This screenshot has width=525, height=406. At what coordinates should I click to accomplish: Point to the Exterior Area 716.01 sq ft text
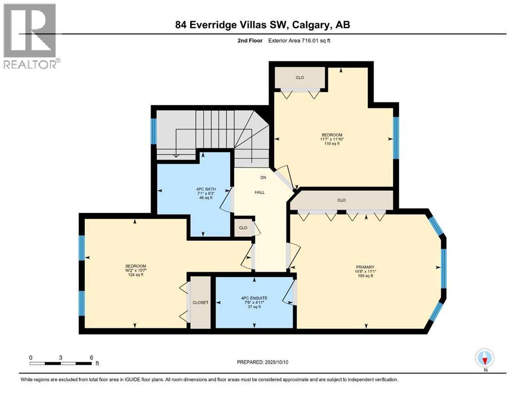pyautogui.click(x=299, y=41)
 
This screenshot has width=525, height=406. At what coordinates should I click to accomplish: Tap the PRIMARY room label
pyautogui.click(x=365, y=267)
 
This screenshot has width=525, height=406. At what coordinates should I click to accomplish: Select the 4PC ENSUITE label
pyautogui.click(x=254, y=298)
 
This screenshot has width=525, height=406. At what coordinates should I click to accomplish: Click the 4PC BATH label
pyautogui.click(x=206, y=189)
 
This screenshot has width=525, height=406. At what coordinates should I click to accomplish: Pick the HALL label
pyautogui.click(x=260, y=192)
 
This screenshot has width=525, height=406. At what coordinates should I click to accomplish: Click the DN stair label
pyautogui.click(x=263, y=178)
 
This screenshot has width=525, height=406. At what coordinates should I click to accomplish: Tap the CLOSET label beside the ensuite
pyautogui.click(x=200, y=302)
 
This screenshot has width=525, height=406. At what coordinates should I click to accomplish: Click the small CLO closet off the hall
pyautogui.click(x=243, y=228)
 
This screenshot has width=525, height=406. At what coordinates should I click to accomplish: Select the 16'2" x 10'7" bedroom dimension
pyautogui.click(x=135, y=271)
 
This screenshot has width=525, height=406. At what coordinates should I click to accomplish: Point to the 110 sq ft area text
pyautogui.click(x=331, y=144)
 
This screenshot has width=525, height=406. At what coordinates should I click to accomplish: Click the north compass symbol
pyautogui.click(x=484, y=358)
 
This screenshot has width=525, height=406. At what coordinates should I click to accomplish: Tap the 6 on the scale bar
pyautogui.click(x=91, y=357)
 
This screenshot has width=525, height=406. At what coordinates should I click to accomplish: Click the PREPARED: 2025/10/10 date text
pyautogui.click(x=262, y=362)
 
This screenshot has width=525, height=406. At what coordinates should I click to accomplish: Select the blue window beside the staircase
pyautogui.click(x=154, y=131)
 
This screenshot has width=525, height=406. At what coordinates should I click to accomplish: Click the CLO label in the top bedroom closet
pyautogui.click(x=300, y=78)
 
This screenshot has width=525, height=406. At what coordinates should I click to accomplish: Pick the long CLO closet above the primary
pyautogui.click(x=342, y=200)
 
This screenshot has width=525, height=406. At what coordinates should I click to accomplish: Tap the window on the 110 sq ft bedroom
pyautogui.click(x=396, y=137)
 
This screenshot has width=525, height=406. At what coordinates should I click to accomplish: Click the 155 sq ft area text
pyautogui.click(x=365, y=276)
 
